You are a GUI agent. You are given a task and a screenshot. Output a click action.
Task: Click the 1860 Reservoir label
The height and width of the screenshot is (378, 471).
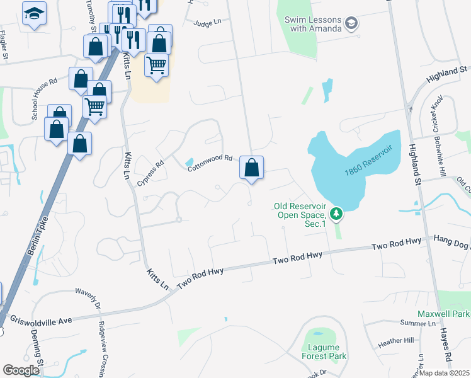368,161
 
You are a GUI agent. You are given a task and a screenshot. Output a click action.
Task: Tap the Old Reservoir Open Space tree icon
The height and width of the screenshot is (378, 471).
337,215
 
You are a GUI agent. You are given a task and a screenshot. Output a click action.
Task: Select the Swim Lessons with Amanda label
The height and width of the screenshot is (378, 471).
313,24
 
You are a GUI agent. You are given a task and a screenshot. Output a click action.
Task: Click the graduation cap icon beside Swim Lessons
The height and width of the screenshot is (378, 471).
351,25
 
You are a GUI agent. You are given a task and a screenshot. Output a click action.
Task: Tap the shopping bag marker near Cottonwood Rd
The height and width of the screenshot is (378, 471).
251,168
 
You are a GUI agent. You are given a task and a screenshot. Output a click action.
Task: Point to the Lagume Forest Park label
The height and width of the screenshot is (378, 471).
324,352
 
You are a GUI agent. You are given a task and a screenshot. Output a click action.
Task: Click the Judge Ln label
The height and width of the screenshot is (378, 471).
208,23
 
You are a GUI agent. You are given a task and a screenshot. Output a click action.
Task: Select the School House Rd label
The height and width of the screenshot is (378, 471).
45,98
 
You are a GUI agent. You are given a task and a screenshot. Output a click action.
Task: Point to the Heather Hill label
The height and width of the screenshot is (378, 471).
395,341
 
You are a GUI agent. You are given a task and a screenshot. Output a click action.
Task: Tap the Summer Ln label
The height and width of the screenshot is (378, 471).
417,323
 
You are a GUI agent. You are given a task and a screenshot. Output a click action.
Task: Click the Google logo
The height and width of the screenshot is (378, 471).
21,371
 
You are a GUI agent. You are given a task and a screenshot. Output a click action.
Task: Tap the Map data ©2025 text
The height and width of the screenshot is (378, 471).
444,373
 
